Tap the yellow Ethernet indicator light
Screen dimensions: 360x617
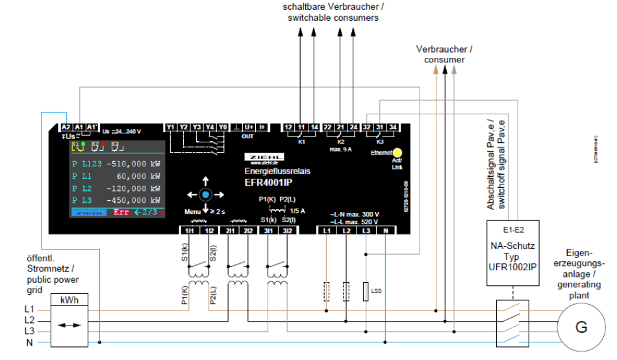(x=397, y=153)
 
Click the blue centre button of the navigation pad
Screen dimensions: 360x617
(x=205, y=194)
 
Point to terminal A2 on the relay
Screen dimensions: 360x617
(x=66, y=127)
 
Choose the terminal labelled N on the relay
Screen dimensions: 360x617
(x=385, y=230)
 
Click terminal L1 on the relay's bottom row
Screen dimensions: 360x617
(x=327, y=230)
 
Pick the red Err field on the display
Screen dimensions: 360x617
(x=121, y=212)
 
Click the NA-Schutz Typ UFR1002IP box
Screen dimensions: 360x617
(x=514, y=254)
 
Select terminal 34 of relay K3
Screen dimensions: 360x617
(x=393, y=127)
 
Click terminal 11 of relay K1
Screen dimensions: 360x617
(x=301, y=127)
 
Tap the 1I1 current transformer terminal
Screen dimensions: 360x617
(x=189, y=230)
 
